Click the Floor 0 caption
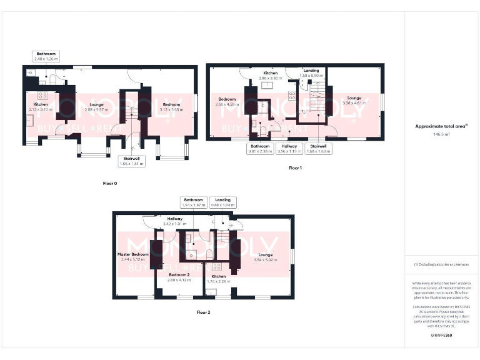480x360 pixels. tap(110, 184)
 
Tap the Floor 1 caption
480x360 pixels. tap(295, 168)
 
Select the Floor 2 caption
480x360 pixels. tap(203, 311)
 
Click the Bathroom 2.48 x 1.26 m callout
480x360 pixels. tap(46, 57)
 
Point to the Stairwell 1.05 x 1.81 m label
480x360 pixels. tap(132, 161)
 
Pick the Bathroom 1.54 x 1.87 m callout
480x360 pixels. tap(194, 202)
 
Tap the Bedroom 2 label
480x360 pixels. tap(179, 276)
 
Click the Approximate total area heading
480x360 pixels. tap(442, 126)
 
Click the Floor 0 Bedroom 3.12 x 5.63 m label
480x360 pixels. tap(171, 107)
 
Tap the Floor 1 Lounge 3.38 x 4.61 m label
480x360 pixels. tap(354, 101)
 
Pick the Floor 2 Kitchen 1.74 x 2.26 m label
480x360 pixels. tap(219, 278)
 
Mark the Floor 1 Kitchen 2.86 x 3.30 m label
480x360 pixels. tap(270, 76)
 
